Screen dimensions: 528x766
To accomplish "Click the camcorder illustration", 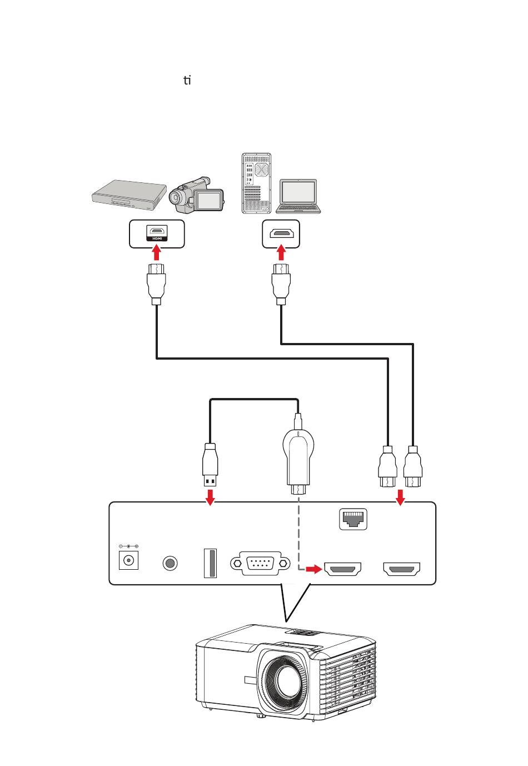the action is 196,195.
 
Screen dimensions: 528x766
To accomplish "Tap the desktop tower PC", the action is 256,183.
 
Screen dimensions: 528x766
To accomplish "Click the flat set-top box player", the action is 129,193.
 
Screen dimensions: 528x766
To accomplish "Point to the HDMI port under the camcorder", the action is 157,233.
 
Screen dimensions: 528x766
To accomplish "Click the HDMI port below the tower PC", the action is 281,234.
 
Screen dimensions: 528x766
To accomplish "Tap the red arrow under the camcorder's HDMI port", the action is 157,253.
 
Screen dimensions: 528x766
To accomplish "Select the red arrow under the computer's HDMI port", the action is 281,253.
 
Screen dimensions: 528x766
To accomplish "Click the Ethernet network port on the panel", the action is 353,519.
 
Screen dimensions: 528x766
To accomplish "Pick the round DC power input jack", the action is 128,560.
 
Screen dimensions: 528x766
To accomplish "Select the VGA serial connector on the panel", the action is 260,563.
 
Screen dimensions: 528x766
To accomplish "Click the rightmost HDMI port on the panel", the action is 401,569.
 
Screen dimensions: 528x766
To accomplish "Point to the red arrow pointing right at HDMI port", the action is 314,569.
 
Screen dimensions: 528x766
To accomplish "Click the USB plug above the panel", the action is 210,464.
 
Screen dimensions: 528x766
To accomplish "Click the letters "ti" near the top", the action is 187,81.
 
